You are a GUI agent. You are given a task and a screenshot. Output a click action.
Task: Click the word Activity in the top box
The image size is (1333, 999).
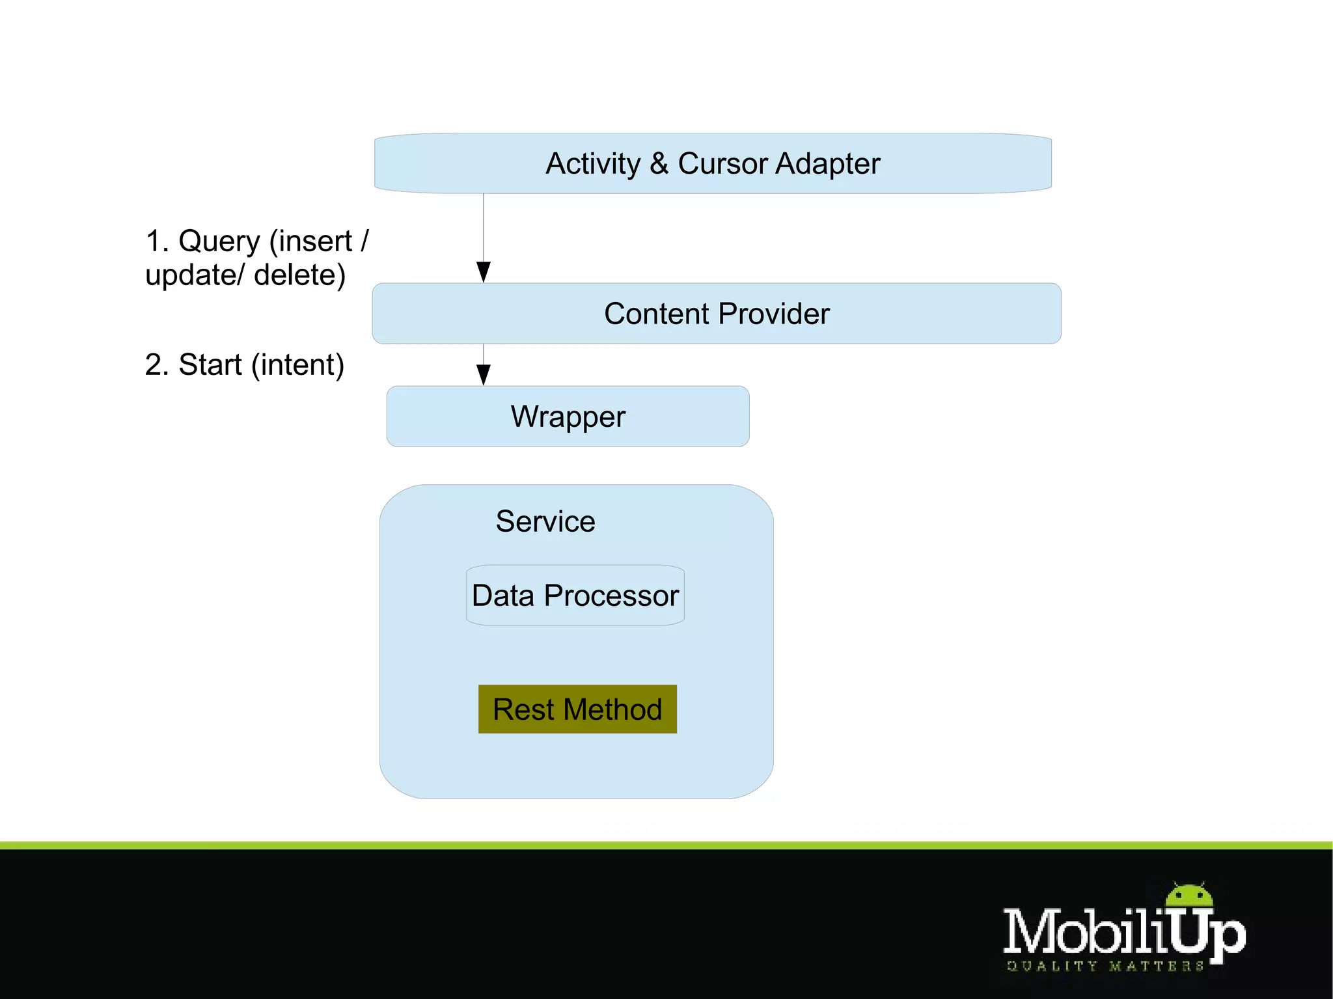pos(592,164)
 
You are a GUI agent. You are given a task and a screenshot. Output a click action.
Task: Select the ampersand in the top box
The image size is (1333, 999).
pos(659,163)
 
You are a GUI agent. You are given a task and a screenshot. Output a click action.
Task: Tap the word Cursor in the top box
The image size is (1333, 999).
pos(723,163)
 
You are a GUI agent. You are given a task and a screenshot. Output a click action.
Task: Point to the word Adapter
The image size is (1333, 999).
pos(827,164)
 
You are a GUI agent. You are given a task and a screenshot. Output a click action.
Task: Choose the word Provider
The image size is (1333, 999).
pos(775,314)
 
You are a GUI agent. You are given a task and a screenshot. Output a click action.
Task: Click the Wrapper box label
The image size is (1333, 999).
pos(568,417)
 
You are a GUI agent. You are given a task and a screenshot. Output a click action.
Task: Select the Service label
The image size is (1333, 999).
pos(545,521)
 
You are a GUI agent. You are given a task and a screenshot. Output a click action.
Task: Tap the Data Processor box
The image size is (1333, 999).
pos(575,595)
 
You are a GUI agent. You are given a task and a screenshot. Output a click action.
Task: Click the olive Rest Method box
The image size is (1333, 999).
pos(577,709)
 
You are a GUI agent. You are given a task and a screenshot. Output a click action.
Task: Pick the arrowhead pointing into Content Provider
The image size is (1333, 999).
pos(484,271)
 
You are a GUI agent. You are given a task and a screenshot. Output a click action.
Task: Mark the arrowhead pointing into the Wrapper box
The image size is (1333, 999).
pos(484,374)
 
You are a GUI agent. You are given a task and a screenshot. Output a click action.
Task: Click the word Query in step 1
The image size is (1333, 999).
pos(219,241)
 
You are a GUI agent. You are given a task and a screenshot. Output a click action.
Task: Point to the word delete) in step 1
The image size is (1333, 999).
pos(299,275)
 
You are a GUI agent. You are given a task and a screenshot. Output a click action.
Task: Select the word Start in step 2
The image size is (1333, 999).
pos(210,364)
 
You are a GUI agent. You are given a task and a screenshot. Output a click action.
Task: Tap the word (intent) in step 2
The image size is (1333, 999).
pos(297,364)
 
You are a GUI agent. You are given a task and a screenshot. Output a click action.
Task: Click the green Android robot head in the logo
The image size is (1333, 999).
pos(1189,896)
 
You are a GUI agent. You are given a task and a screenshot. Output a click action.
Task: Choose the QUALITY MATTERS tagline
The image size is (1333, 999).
pos(1105,966)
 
